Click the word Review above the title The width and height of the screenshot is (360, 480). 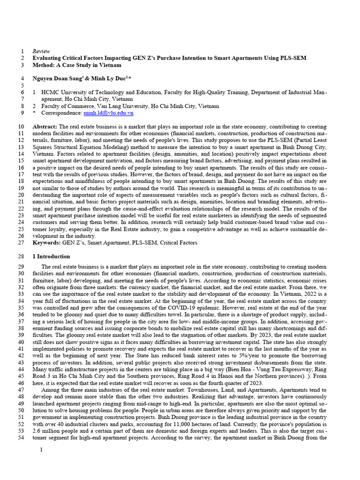click(41, 51)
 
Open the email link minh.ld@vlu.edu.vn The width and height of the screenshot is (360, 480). click(108, 113)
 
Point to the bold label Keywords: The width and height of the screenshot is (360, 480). click(46, 243)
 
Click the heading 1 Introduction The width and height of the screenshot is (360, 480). click(51, 256)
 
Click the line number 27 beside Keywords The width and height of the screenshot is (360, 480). click(21, 243)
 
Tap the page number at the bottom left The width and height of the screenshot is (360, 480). click(41, 450)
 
